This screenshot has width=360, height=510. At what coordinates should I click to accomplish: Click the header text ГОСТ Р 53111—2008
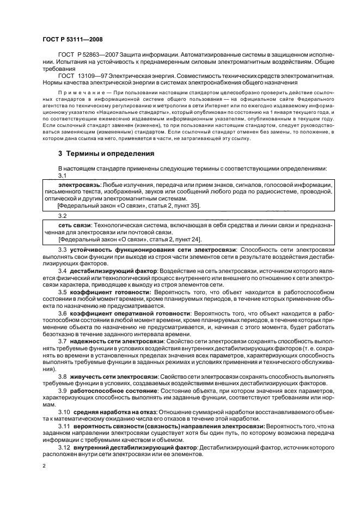(x=72, y=40)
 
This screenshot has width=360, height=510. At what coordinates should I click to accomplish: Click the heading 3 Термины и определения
(x=106, y=154)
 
